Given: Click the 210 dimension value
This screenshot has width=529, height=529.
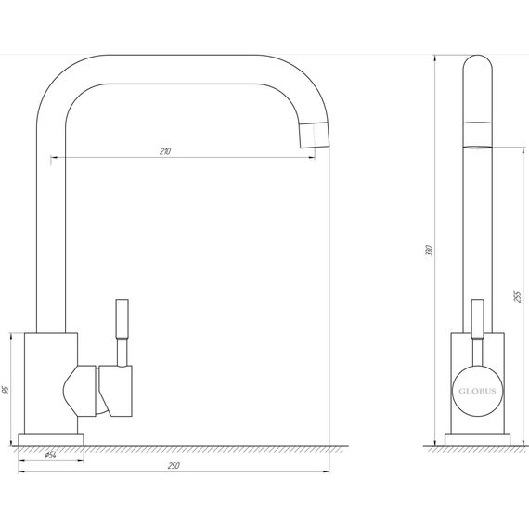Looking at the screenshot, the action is pyautogui.click(x=165, y=151).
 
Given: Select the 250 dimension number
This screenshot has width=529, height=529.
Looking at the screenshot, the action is pyautogui.click(x=174, y=466).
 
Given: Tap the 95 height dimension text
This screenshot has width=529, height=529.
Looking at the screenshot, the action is pyautogui.click(x=6, y=390).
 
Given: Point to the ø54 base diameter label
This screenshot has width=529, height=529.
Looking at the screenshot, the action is pyautogui.click(x=50, y=455).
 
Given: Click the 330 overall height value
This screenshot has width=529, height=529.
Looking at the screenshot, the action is pyautogui.click(x=429, y=251).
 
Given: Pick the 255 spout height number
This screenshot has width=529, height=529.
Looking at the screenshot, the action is pyautogui.click(x=518, y=297).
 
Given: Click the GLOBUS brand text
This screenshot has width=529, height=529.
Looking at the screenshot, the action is pyautogui.click(x=477, y=391).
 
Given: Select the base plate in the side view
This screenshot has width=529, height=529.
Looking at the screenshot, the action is pyautogui.click(x=477, y=440).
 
